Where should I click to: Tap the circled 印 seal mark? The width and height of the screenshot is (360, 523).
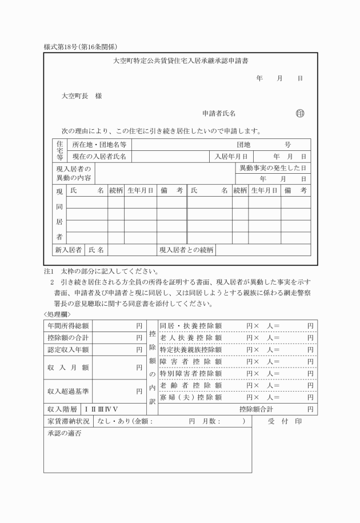(300, 113)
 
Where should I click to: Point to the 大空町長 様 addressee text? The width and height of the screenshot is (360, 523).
(82, 95)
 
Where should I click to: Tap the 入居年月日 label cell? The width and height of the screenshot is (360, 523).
(231, 156)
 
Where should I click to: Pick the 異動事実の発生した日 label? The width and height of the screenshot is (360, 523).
(273, 168)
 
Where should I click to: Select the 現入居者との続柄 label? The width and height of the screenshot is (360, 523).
(186, 250)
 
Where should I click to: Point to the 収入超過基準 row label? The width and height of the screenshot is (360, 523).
(68, 392)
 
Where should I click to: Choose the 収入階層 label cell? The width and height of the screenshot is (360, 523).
(62, 409)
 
